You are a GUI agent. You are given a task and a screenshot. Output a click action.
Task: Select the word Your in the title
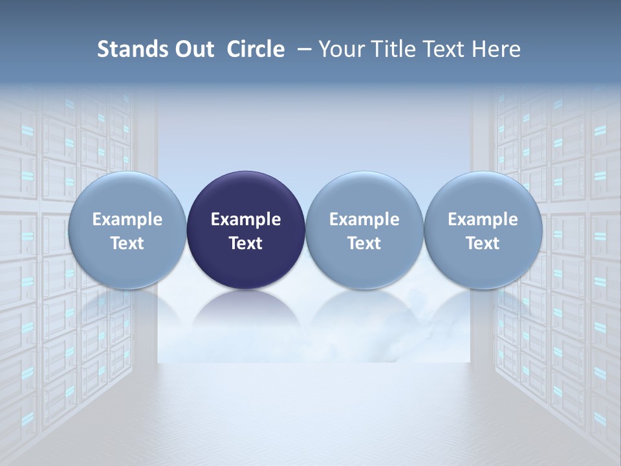pos(340,49)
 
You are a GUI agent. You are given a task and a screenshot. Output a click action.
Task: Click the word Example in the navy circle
pos(246,219)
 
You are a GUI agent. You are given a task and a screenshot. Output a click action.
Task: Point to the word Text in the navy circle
pos(246,243)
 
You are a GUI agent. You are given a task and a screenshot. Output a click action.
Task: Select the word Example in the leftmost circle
pos(127,219)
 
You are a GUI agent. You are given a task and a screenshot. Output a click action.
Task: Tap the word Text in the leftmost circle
pos(127,243)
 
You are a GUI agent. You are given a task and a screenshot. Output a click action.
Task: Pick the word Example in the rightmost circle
pos(483,219)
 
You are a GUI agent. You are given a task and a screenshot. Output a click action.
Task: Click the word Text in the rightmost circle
pos(483,243)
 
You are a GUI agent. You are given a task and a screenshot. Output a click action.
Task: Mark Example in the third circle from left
pos(364,219)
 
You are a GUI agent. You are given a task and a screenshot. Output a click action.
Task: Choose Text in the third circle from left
pos(364,243)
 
